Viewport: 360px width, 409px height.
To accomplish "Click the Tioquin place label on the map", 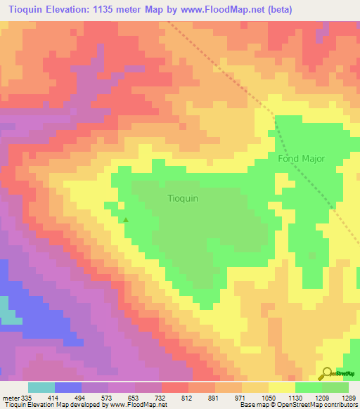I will click(x=183, y=198).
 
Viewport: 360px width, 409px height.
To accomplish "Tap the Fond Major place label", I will click(x=301, y=158).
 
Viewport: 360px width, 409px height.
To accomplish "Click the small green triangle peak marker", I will click(x=127, y=220).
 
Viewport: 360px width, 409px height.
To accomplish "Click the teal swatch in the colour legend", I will click(x=41, y=387).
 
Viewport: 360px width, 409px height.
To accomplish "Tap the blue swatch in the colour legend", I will click(x=67, y=387).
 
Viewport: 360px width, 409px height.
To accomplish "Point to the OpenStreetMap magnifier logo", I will click(x=326, y=375).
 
